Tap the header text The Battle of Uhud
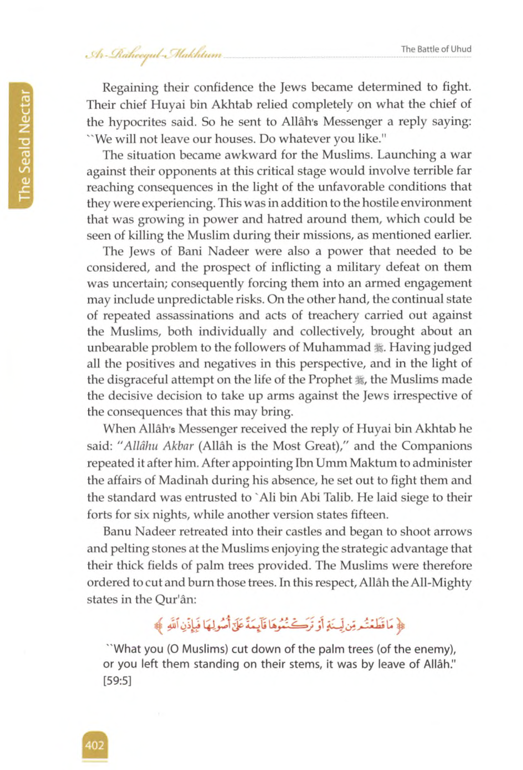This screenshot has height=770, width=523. pos(436,49)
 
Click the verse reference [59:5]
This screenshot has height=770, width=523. pos(118,681)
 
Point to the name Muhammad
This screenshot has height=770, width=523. pos(337,347)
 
